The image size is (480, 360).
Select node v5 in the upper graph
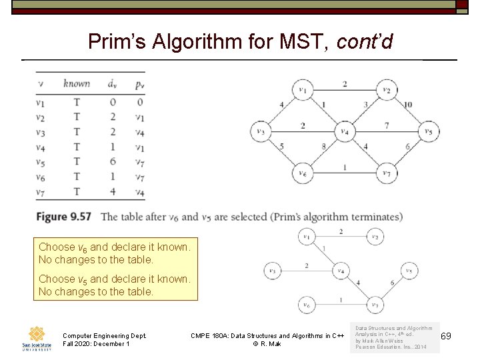pyautogui.click(x=429, y=131)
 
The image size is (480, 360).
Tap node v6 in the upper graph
pyautogui.click(x=303, y=173)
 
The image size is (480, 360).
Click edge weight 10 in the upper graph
pyautogui.click(x=408, y=105)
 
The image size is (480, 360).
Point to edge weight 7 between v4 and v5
pyautogui.click(x=387, y=125)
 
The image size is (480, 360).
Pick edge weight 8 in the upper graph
pyautogui.click(x=323, y=147)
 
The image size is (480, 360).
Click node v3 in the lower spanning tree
pyautogui.click(x=272, y=271)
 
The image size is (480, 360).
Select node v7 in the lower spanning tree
pyautogui.click(x=375, y=306)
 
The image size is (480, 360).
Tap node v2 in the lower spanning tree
pyautogui.click(x=375, y=237)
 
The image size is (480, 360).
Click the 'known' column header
pyautogui.click(x=77, y=83)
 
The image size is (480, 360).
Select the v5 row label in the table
pyautogui.click(x=41, y=162)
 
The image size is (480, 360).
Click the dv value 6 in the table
pyautogui.click(x=113, y=162)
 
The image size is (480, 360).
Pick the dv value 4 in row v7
pyautogui.click(x=113, y=192)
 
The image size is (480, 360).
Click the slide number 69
pyautogui.click(x=446, y=335)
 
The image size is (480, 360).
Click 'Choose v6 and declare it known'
pyautogui.click(x=114, y=247)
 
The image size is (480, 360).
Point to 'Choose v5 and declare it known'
pyautogui.click(x=114, y=279)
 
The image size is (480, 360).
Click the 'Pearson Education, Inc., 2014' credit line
pyautogui.click(x=391, y=347)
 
